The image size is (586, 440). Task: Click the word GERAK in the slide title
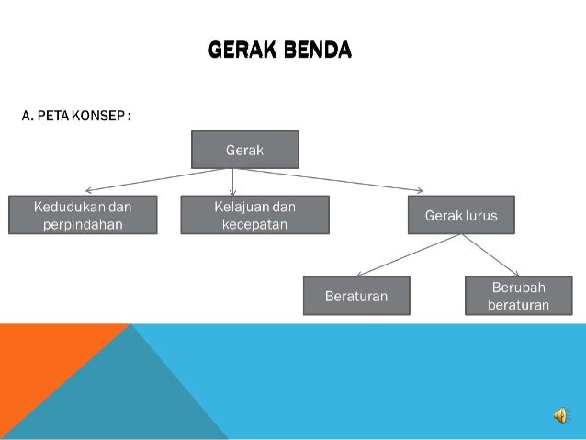tap(241, 50)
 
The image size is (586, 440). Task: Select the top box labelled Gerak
tap(244, 149)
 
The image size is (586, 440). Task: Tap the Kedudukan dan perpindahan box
tap(83, 215)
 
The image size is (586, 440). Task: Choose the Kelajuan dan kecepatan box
tap(254, 215)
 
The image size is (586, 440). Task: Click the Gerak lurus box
tap(461, 216)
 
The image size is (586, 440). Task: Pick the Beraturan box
tap(356, 296)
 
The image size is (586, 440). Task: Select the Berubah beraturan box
tap(519, 296)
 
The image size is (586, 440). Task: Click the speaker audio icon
tap(560, 417)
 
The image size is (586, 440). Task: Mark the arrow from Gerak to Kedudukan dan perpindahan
tap(147, 180)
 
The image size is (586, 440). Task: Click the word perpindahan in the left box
tap(83, 224)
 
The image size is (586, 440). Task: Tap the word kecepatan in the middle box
tap(254, 224)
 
